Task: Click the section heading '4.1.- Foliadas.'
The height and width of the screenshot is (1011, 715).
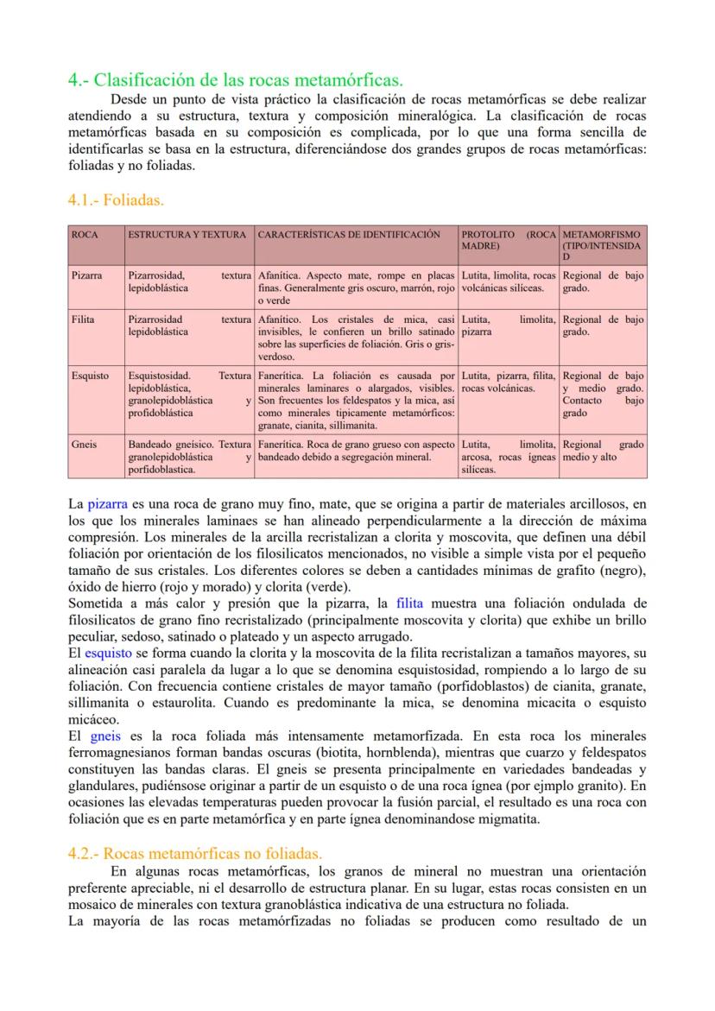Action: (116, 200)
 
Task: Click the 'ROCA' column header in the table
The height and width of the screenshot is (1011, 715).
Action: (85, 235)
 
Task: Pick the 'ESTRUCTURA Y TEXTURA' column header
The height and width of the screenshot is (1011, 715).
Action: (189, 235)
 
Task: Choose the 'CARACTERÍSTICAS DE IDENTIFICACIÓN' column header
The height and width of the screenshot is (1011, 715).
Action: (349, 235)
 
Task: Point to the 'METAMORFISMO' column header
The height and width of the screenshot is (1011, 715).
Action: (602, 235)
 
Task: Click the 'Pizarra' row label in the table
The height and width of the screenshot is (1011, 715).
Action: (87, 275)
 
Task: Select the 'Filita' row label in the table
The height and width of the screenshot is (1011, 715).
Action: (83, 319)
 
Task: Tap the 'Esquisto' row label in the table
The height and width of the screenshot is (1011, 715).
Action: (90, 376)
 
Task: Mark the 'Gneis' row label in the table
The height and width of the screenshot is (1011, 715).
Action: (85, 444)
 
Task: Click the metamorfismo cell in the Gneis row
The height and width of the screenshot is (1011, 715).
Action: (603, 450)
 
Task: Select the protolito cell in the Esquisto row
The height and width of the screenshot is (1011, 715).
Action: (509, 382)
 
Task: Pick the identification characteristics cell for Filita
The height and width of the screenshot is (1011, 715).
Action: (356, 338)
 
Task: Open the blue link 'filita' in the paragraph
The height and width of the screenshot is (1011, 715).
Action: (409, 603)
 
